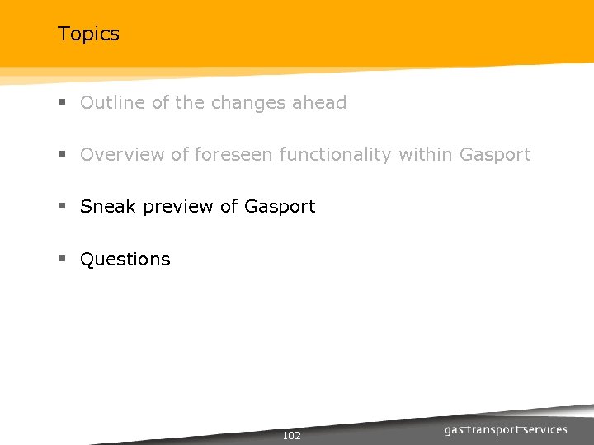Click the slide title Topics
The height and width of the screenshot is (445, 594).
click(x=88, y=34)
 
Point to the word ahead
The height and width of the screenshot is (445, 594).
click(x=319, y=103)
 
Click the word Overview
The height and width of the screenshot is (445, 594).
click(x=122, y=155)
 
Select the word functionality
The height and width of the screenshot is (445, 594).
click(x=336, y=155)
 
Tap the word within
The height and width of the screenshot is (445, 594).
click(x=426, y=155)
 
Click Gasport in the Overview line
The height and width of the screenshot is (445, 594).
click(x=495, y=155)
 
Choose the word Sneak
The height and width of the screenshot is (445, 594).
click(x=108, y=207)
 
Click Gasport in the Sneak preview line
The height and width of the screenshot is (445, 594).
click(x=280, y=207)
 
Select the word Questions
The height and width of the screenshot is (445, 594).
click(x=125, y=260)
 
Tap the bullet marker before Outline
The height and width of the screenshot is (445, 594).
click(x=62, y=103)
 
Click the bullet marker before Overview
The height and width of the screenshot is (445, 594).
click(x=62, y=155)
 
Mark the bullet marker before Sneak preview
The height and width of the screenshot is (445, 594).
click(x=62, y=207)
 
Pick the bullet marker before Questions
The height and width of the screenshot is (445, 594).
click(x=62, y=259)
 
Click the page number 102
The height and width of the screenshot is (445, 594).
click(x=291, y=435)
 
